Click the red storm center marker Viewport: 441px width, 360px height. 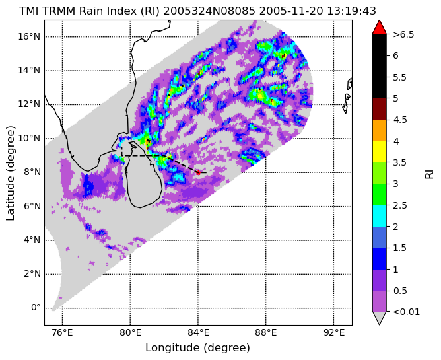(198, 172)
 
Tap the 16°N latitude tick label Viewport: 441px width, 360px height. (29, 36)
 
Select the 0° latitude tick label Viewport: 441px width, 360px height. (36, 308)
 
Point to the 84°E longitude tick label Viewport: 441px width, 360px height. (198, 333)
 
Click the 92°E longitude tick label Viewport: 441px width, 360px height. (334, 333)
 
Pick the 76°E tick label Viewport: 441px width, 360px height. (62, 333)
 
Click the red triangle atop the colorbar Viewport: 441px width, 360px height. (379, 27)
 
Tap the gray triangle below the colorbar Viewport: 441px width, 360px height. (379, 318)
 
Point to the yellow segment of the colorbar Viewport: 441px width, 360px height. (379, 152)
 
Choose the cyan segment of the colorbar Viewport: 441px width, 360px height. (379, 216)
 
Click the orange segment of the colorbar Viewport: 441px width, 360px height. (379, 130)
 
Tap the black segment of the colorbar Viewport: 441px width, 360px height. (379, 67)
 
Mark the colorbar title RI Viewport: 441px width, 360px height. (430, 173)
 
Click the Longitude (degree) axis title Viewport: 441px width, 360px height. (197, 348)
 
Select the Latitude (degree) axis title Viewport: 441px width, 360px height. (10, 173)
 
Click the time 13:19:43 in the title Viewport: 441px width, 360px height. (352, 11)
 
